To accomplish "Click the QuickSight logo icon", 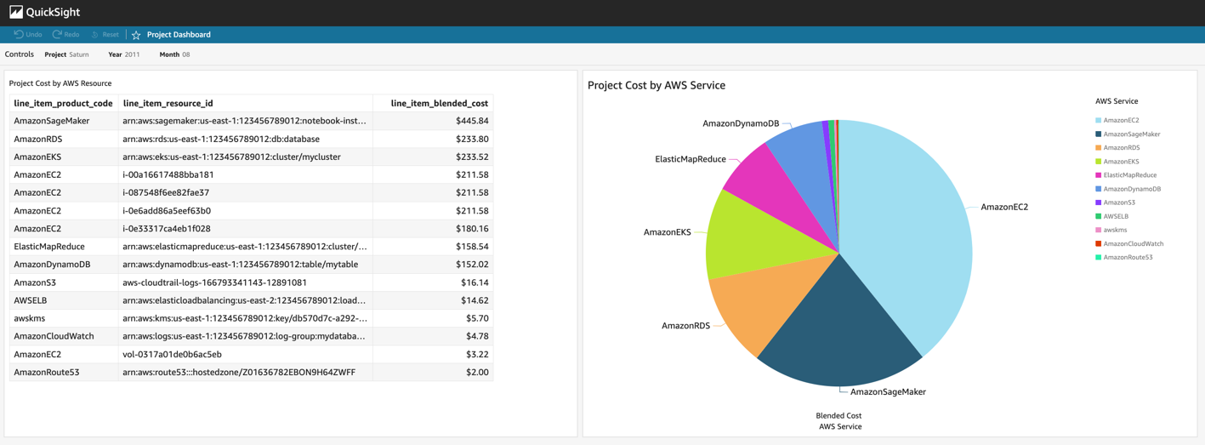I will point(16,12).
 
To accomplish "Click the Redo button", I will point(65,35).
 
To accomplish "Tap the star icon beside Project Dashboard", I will point(136,35).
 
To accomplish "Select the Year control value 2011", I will point(132,54).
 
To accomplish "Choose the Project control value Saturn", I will point(78,54).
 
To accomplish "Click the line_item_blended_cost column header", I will point(439,103).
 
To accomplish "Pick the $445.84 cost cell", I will point(472,121).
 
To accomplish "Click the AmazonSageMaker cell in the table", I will point(52,121).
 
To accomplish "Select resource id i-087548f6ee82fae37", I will point(166,192).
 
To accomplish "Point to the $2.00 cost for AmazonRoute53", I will point(477,372).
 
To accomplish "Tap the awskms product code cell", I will point(30,318).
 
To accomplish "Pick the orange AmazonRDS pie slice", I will point(748,306).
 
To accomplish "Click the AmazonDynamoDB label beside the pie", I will point(741,123).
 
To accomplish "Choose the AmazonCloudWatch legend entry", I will point(1133,243).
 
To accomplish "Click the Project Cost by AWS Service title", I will point(656,85).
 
